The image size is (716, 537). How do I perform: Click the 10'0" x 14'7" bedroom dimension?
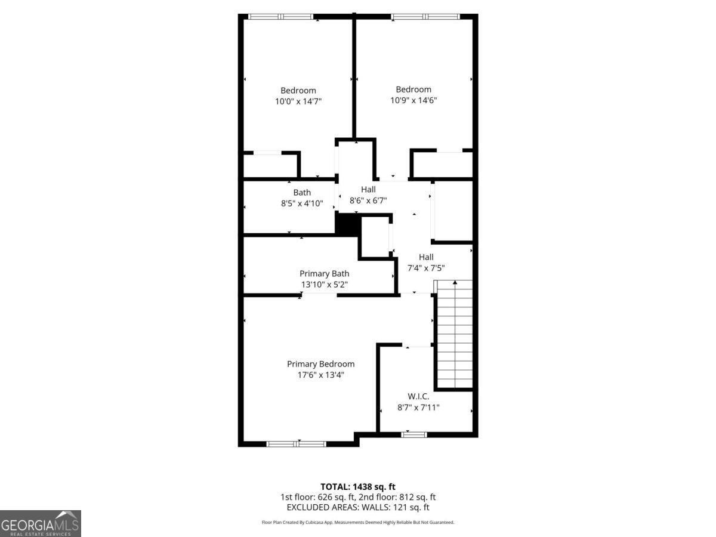pos(298,101)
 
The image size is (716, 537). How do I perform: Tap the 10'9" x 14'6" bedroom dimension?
pos(413,100)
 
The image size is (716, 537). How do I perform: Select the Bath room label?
pos(302,192)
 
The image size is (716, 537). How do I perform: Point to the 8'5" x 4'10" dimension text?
pos(302,203)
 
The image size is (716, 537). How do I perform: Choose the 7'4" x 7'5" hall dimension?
pos(426,268)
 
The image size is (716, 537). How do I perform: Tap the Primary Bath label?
pos(325,273)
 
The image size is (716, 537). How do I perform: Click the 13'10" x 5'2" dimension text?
pos(325,285)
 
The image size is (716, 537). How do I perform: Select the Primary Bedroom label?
pos(320,364)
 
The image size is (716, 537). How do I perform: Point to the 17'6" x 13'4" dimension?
pos(320,375)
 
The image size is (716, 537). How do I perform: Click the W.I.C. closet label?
pos(418,396)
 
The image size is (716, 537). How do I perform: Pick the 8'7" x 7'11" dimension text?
pos(418,407)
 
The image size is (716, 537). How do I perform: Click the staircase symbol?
pos(455,334)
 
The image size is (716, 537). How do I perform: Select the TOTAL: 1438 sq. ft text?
pos(358,486)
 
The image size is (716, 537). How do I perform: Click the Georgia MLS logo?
pos(41,523)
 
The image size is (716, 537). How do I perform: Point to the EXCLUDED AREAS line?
pos(358,507)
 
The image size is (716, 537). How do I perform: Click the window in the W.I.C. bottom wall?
pos(413,434)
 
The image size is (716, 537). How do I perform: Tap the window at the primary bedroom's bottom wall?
pos(296,443)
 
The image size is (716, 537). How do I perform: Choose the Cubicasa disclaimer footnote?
pos(358,522)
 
